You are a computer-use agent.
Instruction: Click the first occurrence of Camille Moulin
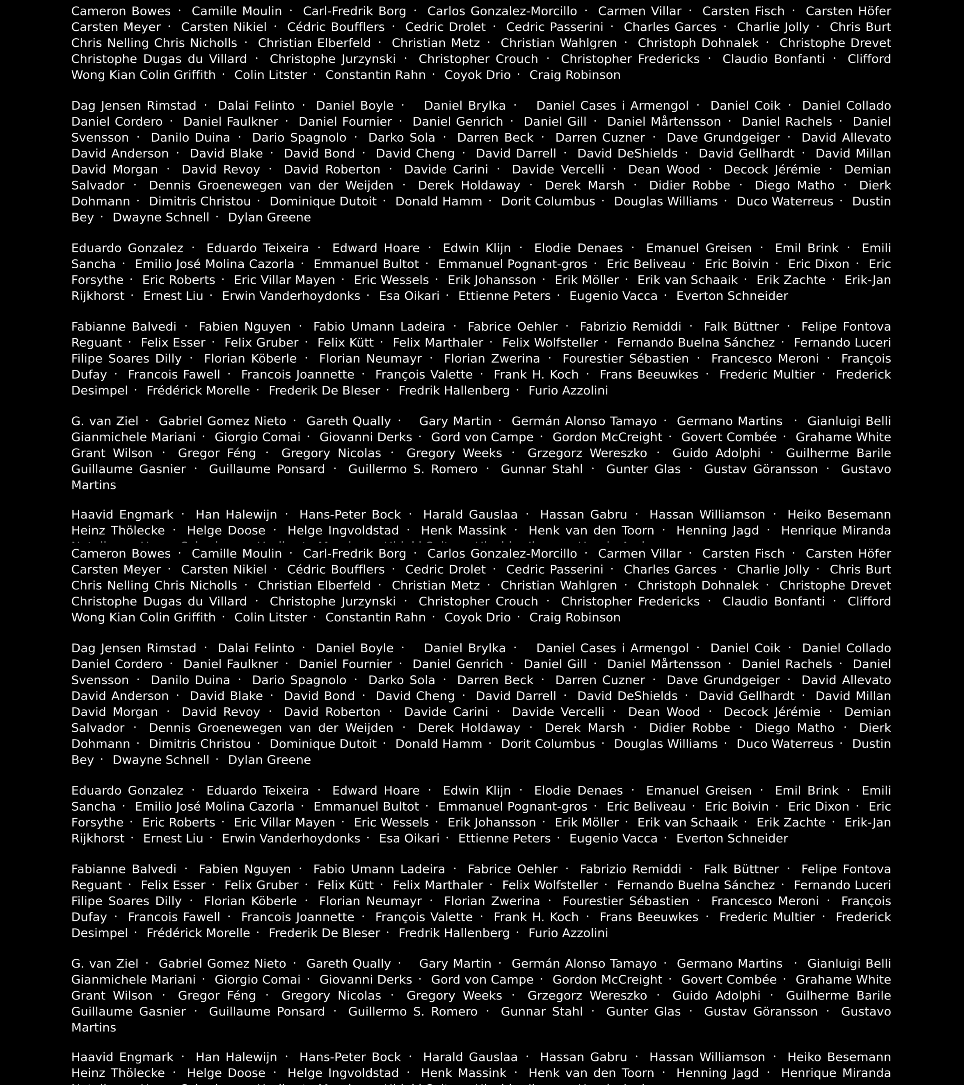click(237, 11)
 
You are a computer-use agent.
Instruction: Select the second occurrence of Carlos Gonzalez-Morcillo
click(502, 554)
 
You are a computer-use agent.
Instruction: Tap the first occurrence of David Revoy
click(221, 169)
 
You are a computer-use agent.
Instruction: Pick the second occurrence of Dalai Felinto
click(256, 648)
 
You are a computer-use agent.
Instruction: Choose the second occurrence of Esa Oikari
click(409, 838)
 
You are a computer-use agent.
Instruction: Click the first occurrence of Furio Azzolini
click(568, 390)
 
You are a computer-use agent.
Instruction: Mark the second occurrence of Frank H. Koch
click(536, 917)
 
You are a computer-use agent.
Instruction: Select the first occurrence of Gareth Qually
click(348, 421)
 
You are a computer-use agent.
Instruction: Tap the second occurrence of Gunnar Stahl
click(542, 1011)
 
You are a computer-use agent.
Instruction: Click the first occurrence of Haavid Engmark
click(122, 514)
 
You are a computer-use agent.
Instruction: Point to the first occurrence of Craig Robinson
click(575, 75)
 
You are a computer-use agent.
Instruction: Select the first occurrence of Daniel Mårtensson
click(664, 122)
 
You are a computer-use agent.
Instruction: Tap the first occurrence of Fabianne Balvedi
click(124, 326)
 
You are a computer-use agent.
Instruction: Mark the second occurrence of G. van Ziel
click(105, 963)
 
